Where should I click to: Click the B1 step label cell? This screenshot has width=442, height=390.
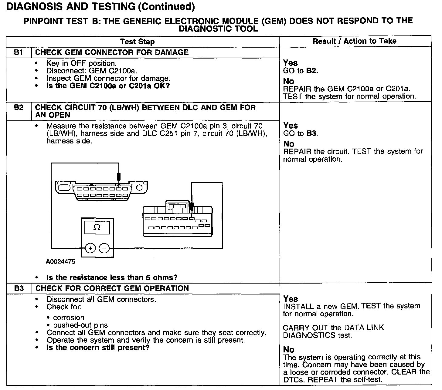[19, 52]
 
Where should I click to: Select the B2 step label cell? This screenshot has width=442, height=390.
[19, 108]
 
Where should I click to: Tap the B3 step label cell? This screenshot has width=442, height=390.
[19, 288]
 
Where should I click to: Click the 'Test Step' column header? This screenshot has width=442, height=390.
[137, 42]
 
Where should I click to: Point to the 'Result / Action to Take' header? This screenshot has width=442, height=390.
[355, 41]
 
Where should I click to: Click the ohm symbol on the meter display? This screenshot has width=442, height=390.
[97, 227]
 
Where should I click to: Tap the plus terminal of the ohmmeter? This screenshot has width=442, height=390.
[90, 248]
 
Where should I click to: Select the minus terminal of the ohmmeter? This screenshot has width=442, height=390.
[104, 248]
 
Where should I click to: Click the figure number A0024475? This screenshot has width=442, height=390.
[61, 262]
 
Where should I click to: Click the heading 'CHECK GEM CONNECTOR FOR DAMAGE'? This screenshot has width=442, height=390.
[112, 52]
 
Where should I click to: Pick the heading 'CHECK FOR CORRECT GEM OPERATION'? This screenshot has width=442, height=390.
[112, 288]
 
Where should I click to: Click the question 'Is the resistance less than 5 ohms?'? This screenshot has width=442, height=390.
[112, 277]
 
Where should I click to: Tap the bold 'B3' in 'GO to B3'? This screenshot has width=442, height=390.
[311, 133]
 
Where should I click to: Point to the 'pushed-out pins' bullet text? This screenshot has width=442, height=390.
[80, 325]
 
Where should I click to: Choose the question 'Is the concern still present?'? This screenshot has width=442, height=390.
[98, 348]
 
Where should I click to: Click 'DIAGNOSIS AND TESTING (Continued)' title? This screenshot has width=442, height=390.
[100, 7]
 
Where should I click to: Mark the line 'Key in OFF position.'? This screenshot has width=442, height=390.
[81, 63]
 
